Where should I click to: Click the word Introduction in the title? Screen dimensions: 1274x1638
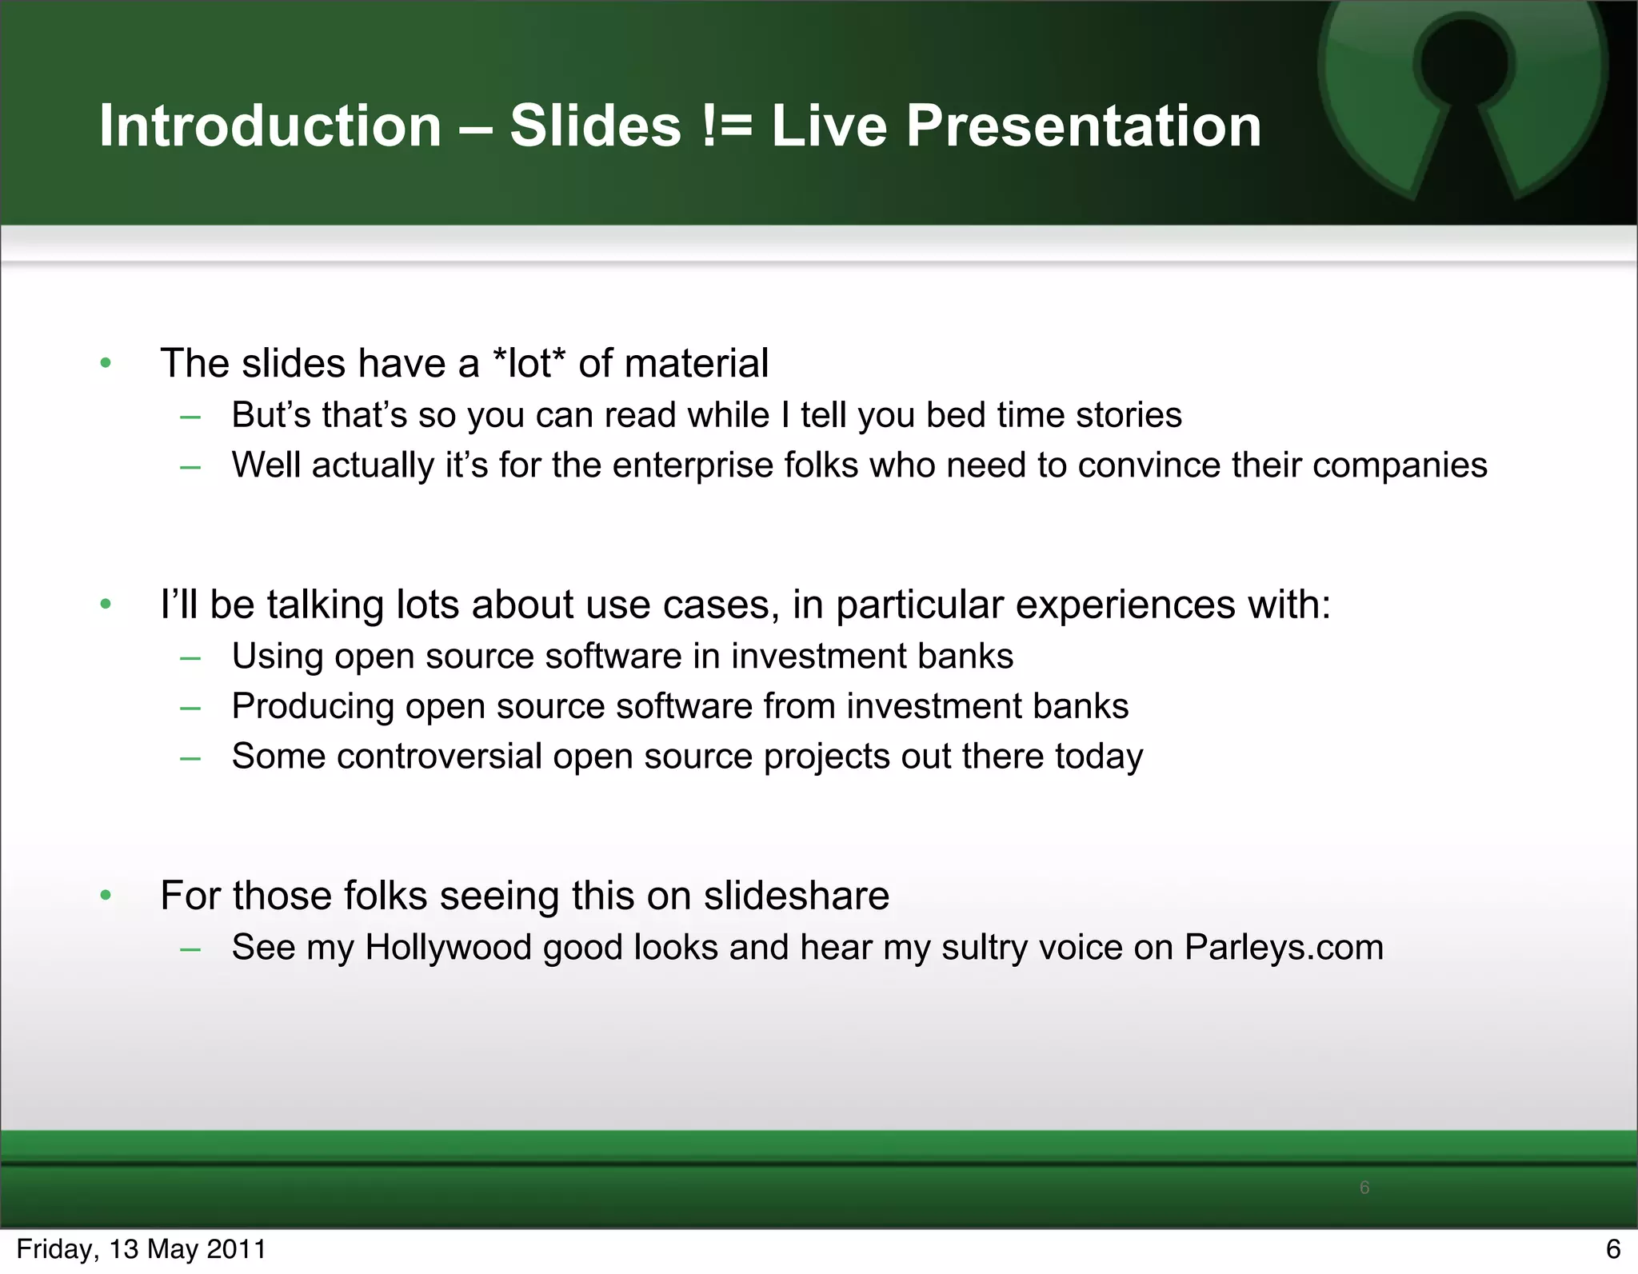click(270, 126)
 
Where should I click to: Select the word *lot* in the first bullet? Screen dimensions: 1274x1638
click(529, 363)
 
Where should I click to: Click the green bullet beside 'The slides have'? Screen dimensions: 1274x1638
click(106, 364)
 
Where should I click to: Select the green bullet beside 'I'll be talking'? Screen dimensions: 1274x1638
click(106, 605)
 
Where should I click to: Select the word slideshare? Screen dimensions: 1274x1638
click(796, 896)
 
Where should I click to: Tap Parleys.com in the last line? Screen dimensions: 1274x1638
click(1284, 948)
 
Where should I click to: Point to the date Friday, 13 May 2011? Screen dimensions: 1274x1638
click(141, 1249)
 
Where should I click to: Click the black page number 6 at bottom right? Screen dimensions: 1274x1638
click(1613, 1249)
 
